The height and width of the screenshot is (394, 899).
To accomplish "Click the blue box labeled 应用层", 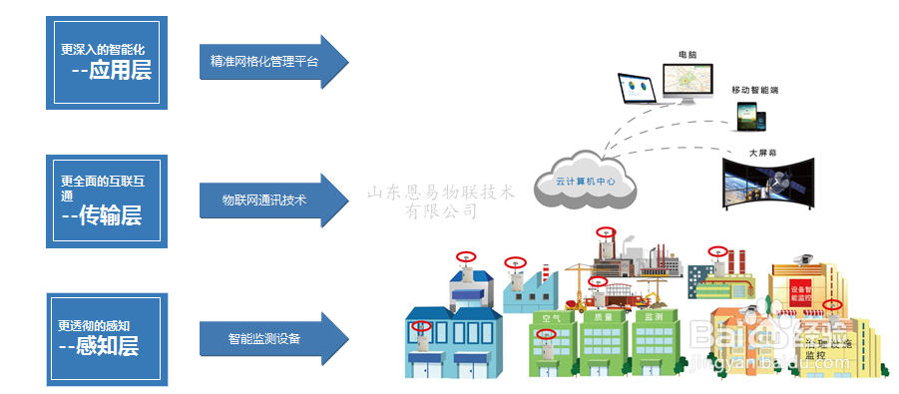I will (x=107, y=62).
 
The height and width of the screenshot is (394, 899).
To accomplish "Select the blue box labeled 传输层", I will (x=107, y=200).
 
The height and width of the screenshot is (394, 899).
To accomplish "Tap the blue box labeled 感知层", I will (x=107, y=338).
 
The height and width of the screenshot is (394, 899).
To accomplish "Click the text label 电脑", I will (x=687, y=52).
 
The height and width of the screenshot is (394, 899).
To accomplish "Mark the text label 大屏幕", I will (x=763, y=154).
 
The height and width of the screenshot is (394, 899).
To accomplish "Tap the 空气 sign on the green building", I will (x=552, y=317).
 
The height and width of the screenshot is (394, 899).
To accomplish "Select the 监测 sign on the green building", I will (x=654, y=317).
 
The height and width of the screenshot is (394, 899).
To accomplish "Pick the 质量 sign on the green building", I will (x=603, y=317).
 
